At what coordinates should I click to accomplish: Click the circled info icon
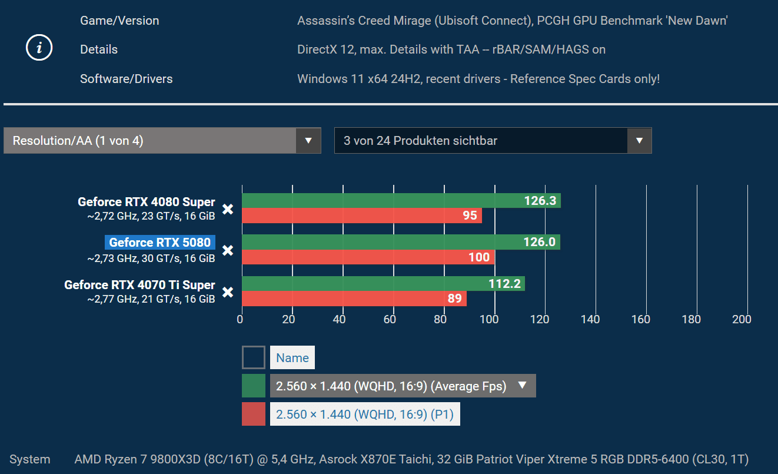pyautogui.click(x=39, y=49)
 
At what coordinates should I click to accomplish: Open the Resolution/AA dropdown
pyautogui.click(x=162, y=141)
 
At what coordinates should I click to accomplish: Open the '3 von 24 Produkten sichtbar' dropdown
pyautogui.click(x=493, y=141)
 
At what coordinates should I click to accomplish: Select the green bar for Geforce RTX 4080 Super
pyautogui.click(x=401, y=201)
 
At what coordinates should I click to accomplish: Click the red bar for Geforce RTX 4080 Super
pyautogui.click(x=361, y=216)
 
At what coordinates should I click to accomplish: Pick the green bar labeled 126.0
pyautogui.click(x=400, y=242)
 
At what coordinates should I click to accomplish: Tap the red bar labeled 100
pyautogui.click(x=368, y=257)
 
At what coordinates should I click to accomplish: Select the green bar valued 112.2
pyautogui.click(x=383, y=284)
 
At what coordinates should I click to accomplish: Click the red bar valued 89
pyautogui.click(x=354, y=299)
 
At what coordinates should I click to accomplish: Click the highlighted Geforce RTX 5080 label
pyautogui.click(x=159, y=243)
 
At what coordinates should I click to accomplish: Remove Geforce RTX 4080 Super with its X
pyautogui.click(x=228, y=209)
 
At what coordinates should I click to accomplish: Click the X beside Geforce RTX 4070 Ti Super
pyautogui.click(x=228, y=292)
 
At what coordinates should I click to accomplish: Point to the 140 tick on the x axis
pyautogui.click(x=590, y=319)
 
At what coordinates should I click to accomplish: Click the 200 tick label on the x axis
pyautogui.click(x=742, y=319)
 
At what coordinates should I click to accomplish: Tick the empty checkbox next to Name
pyautogui.click(x=253, y=357)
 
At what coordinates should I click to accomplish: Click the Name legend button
pyautogui.click(x=292, y=358)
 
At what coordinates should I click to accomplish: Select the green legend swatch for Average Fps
pyautogui.click(x=253, y=386)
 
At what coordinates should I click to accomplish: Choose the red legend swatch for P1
pyautogui.click(x=253, y=414)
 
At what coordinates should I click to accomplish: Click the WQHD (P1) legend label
pyautogui.click(x=365, y=414)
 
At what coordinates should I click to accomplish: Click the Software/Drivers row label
pyautogui.click(x=127, y=79)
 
